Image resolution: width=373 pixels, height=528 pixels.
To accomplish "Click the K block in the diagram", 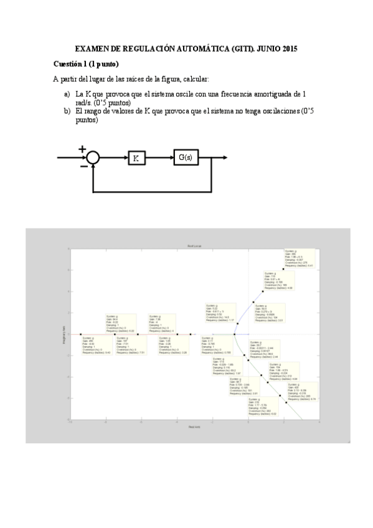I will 136,158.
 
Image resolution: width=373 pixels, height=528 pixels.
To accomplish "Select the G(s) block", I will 185,158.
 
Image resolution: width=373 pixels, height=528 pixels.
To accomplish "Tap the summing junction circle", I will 93,158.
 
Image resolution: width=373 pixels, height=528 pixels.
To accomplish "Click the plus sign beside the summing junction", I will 82,149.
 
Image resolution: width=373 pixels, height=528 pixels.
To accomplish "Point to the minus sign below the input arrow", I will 83,166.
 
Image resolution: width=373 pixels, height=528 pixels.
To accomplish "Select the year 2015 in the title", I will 286,48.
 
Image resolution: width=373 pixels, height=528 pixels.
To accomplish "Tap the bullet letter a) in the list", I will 67,93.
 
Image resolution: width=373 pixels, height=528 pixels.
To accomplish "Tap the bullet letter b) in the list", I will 67,111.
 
